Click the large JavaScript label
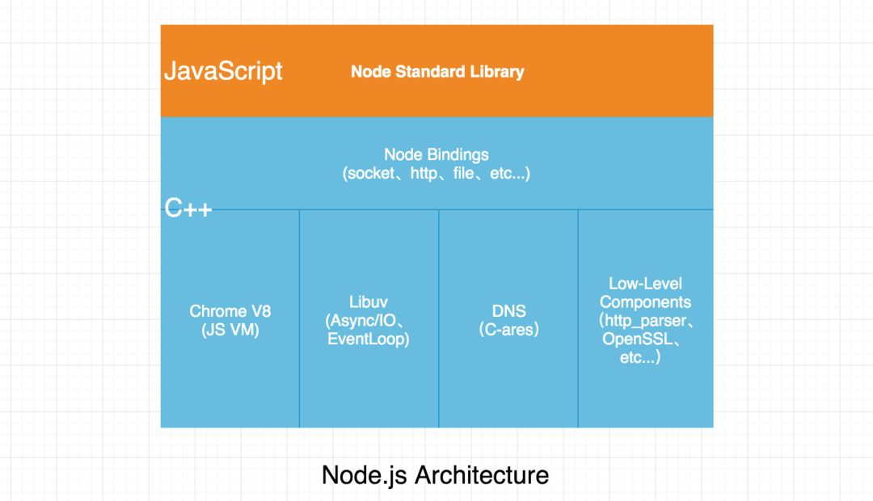[223, 71]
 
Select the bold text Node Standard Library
[437, 71]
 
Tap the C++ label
[188, 208]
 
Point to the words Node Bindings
[436, 154]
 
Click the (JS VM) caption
[230, 330]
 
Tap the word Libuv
[369, 302]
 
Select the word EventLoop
[369, 339]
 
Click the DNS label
[508, 311]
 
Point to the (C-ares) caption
[508, 330]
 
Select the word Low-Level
[645, 284]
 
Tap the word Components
[645, 302]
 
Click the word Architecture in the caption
[482, 475]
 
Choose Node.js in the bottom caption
[365, 475]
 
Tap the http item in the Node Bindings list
[424, 174]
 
